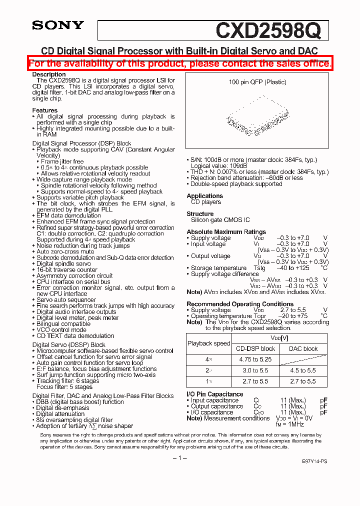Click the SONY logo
58,25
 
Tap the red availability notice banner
180,63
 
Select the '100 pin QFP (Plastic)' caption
257,82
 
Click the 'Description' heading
49,74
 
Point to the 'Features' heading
45,110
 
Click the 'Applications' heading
204,196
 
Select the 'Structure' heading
200,214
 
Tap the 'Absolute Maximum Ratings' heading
226,232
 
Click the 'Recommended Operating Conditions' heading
240,304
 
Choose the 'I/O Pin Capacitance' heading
215,394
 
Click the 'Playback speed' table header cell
208,343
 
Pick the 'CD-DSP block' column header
255,348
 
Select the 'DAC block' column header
303,348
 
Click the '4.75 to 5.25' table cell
255,359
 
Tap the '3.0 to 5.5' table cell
255,370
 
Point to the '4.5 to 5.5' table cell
303,370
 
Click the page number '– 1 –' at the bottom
180,458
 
